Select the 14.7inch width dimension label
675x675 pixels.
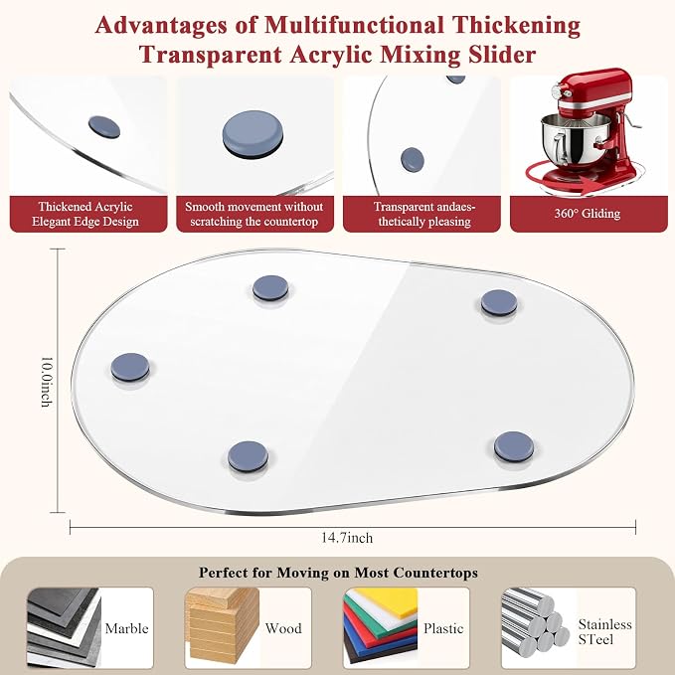(347, 538)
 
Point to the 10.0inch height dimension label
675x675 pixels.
(47, 382)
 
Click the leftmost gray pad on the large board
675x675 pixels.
(130, 368)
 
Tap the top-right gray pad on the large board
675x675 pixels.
(499, 302)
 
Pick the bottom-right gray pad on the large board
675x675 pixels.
(514, 446)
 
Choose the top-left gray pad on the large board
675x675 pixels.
(270, 288)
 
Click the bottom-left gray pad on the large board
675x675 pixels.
(248, 456)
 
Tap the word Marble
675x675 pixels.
(126, 628)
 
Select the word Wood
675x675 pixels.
(283, 628)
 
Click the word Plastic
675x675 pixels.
(443, 629)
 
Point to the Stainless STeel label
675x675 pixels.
(604, 631)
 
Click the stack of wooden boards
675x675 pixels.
(222, 626)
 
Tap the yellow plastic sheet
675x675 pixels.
(389, 601)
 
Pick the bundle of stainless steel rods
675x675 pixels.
(534, 622)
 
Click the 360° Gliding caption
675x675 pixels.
(588, 214)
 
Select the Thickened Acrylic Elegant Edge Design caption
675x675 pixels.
(85, 214)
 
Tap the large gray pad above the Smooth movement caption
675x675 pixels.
(253, 134)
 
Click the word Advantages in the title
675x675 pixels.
(161, 26)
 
